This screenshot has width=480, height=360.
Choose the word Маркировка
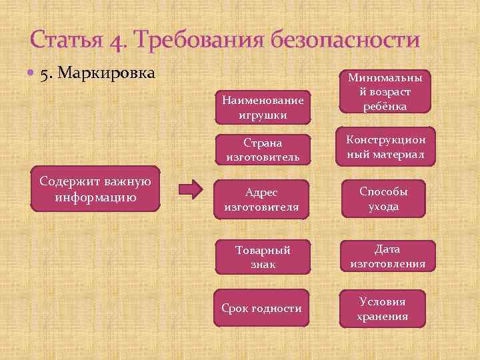coord(107,72)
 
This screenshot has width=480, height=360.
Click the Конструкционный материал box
coord(385,147)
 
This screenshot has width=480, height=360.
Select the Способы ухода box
coord(384,199)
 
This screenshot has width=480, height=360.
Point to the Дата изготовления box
coord(387,257)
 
